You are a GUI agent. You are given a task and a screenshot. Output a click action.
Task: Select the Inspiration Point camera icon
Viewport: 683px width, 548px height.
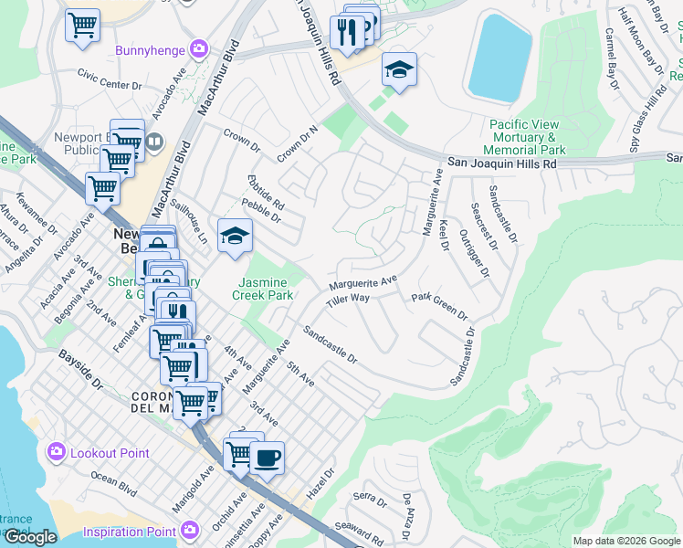189,531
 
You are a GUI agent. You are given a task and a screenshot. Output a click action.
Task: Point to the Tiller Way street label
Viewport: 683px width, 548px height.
348,299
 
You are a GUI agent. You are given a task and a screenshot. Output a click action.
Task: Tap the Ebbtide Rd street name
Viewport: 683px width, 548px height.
266,192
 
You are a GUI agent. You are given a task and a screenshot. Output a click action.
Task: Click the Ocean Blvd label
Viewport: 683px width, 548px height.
115,485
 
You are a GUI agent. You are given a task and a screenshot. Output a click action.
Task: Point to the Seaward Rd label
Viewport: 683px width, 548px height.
359,531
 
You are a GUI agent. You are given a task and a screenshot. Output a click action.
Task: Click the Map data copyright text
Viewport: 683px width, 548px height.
626,541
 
